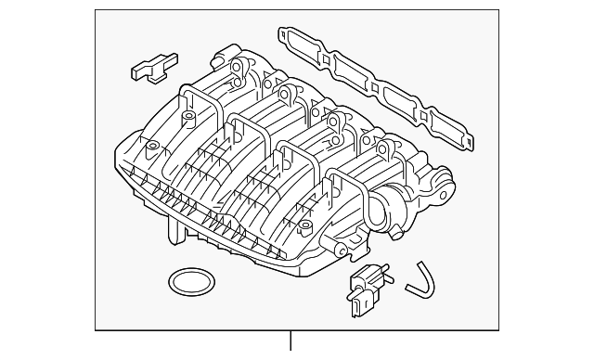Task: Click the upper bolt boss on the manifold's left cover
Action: click(x=187, y=118)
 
